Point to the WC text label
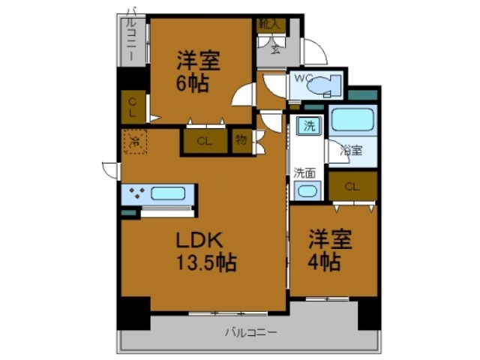coord(302,77)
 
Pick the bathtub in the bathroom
coord(352,121)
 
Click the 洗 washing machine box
coord(308,126)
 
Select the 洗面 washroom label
coord(304,172)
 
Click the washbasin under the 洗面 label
coord(306,190)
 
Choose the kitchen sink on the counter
coord(168,193)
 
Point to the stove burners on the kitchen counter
coord(136,193)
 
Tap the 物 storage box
coord(241,141)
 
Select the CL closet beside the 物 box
coord(205,141)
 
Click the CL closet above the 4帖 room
coord(352,186)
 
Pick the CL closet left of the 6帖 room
coord(132,107)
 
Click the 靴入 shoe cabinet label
coord(269,25)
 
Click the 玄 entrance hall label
coord(275,50)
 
